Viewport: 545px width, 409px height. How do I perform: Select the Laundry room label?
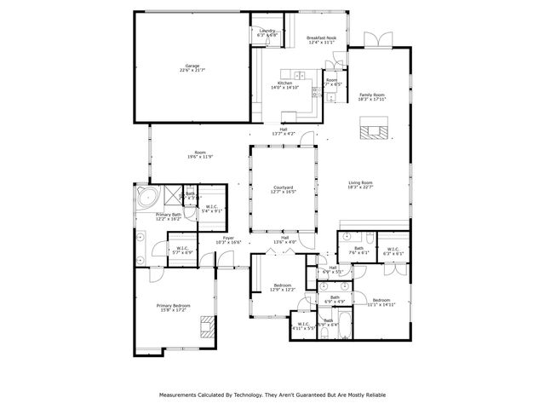pyautogui.click(x=267, y=32)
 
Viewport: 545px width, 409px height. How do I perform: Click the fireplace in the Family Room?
pyautogui.click(x=372, y=130)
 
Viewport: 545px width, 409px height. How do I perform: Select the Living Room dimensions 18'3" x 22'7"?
pyautogui.click(x=372, y=187)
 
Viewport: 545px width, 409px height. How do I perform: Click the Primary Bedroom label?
pyautogui.click(x=173, y=306)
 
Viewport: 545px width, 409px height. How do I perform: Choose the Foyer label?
pyautogui.click(x=228, y=239)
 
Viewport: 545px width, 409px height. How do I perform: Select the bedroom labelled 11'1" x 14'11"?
pyautogui.click(x=381, y=302)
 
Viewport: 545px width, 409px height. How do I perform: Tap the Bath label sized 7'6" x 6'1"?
pyautogui.click(x=359, y=251)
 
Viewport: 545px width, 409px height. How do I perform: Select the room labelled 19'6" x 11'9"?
pyautogui.click(x=199, y=154)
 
